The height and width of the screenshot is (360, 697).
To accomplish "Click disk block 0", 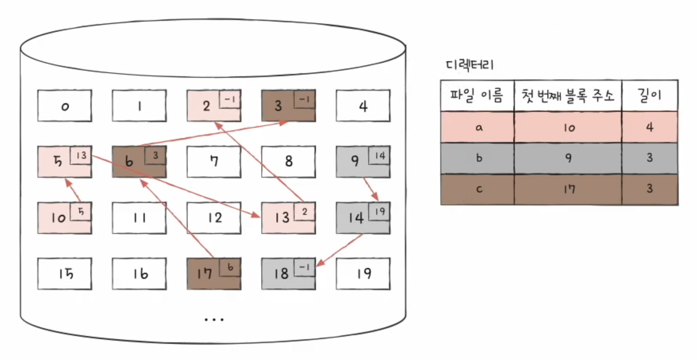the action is [65, 106].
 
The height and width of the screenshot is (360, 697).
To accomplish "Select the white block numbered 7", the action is [214, 162].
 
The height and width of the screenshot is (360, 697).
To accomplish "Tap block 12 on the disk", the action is [214, 218].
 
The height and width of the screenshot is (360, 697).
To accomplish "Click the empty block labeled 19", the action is [363, 274].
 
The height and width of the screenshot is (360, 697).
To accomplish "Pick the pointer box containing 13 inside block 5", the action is [81, 155].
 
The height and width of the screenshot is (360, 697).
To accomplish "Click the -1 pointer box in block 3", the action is [305, 99].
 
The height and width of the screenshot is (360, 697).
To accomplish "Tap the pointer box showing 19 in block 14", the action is [379, 212].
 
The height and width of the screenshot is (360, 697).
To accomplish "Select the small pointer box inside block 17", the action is [230, 267].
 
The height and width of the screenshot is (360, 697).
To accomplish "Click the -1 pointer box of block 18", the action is [305, 267].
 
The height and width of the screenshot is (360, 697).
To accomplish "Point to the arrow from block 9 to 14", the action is [371, 189].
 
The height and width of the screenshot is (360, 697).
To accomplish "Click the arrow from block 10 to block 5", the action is [73, 190].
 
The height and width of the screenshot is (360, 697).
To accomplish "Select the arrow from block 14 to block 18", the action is [340, 251].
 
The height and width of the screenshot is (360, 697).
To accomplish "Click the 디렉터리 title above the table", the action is [470, 65].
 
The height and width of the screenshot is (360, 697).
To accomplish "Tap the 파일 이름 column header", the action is [477, 95].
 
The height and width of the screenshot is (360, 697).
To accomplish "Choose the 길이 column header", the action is [649, 95].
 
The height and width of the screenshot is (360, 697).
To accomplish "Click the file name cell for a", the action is [477, 127].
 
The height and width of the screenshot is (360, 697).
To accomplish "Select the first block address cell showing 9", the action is [568, 158].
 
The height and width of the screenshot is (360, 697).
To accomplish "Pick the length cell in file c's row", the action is [649, 189].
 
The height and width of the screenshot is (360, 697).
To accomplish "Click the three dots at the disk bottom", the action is [214, 319].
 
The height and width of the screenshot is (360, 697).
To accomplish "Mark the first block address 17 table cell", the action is [568, 189].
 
